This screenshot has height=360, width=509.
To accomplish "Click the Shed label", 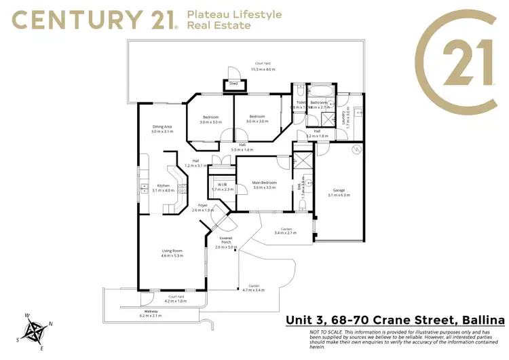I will coord(233,84).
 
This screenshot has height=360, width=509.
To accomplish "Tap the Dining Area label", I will coord(162,126).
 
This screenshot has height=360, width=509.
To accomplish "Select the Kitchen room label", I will coord(164,185).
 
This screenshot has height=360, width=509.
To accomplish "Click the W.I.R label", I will coord(222,184).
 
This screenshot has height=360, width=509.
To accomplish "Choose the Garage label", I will coord(339,190).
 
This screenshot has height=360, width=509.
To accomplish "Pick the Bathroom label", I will coord(320,103).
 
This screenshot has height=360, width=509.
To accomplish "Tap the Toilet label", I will coord(301,103).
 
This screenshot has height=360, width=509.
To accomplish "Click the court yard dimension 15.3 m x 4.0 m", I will coord(264,69).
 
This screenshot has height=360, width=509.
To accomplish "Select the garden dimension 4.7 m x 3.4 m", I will coord(254,290).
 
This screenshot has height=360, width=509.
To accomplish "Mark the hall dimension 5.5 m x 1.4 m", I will coord(242,149).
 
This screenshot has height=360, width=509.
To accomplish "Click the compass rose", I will coord(35,331).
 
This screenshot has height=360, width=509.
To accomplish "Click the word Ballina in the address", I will coord(478,320).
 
